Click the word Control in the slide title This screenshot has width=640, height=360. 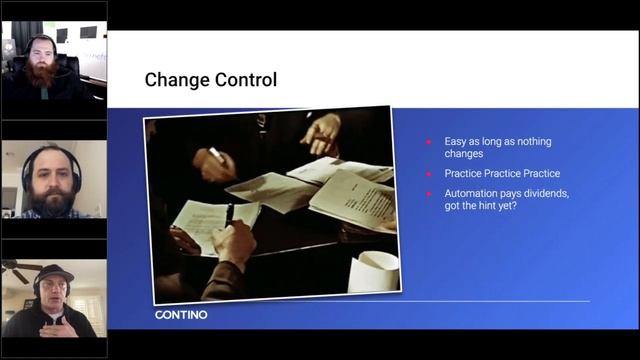click(x=246, y=79)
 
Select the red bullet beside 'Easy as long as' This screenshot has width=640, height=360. click(x=429, y=142)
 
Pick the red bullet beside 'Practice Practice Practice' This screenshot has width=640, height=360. click(x=429, y=173)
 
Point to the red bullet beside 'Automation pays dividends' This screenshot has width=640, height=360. click(x=429, y=193)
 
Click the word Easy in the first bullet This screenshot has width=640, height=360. click(x=456, y=142)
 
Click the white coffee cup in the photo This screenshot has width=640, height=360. click(x=372, y=269)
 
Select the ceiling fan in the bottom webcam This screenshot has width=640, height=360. click(x=15, y=268)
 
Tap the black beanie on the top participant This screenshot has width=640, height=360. click(x=41, y=41)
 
